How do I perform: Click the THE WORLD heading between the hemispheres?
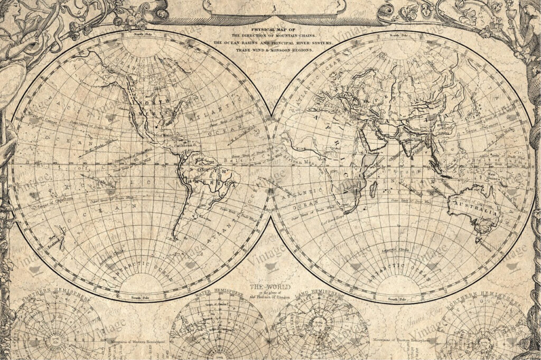(x=263, y=287)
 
